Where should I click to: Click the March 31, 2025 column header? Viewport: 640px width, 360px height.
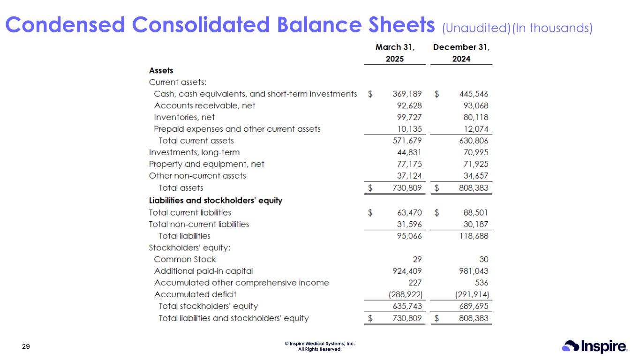tap(395, 53)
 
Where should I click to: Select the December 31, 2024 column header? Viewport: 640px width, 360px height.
tap(461, 53)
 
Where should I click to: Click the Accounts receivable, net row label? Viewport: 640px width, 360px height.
tap(204, 105)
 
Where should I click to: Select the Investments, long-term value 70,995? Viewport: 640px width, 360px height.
tap(475, 152)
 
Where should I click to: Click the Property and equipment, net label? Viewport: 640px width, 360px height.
tap(206, 164)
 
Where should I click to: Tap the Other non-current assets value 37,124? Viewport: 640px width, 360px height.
tap(409, 176)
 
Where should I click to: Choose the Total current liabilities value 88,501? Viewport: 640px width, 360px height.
tap(475, 212)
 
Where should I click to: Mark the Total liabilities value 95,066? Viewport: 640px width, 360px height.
tap(409, 236)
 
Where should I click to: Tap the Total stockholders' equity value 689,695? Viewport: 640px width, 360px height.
tap(473, 306)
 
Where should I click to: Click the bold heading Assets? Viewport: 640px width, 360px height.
tap(161, 70)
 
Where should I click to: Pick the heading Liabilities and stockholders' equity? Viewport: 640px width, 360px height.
tap(215, 201)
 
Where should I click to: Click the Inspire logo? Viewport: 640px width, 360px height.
tap(595, 346)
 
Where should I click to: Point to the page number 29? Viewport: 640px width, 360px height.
tap(26, 346)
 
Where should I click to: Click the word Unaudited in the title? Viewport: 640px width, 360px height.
tap(475, 29)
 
